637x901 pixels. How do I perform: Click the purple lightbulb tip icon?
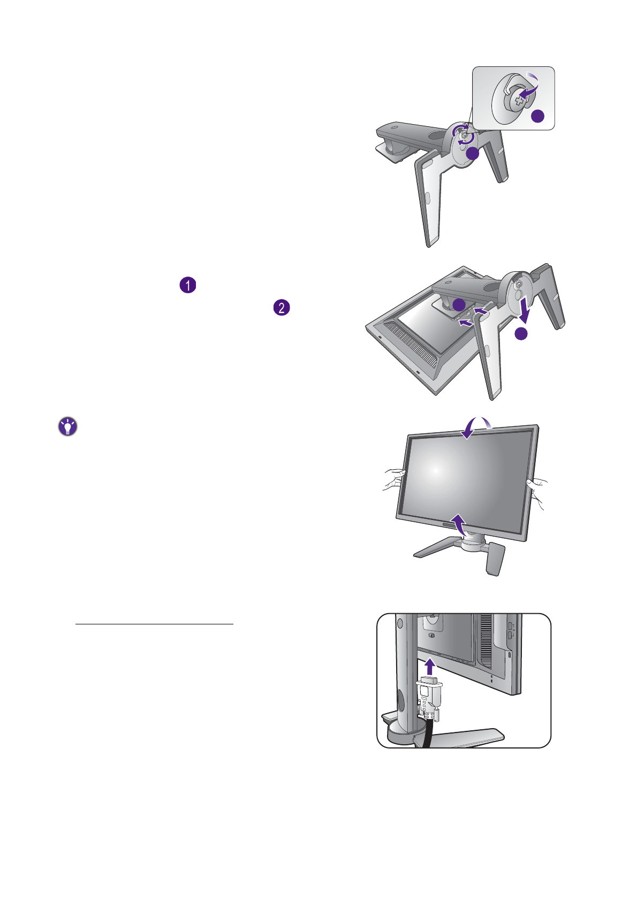67,426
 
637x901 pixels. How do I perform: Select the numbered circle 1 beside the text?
188,285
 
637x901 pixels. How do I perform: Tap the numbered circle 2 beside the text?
282,308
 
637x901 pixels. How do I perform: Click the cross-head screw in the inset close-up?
518,98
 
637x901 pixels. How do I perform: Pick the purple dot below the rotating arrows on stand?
472,154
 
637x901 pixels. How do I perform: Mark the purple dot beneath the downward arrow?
521,334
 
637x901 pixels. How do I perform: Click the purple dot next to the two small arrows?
459,304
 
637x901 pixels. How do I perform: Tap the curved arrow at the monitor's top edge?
477,427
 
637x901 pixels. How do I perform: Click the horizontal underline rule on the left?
154,624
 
